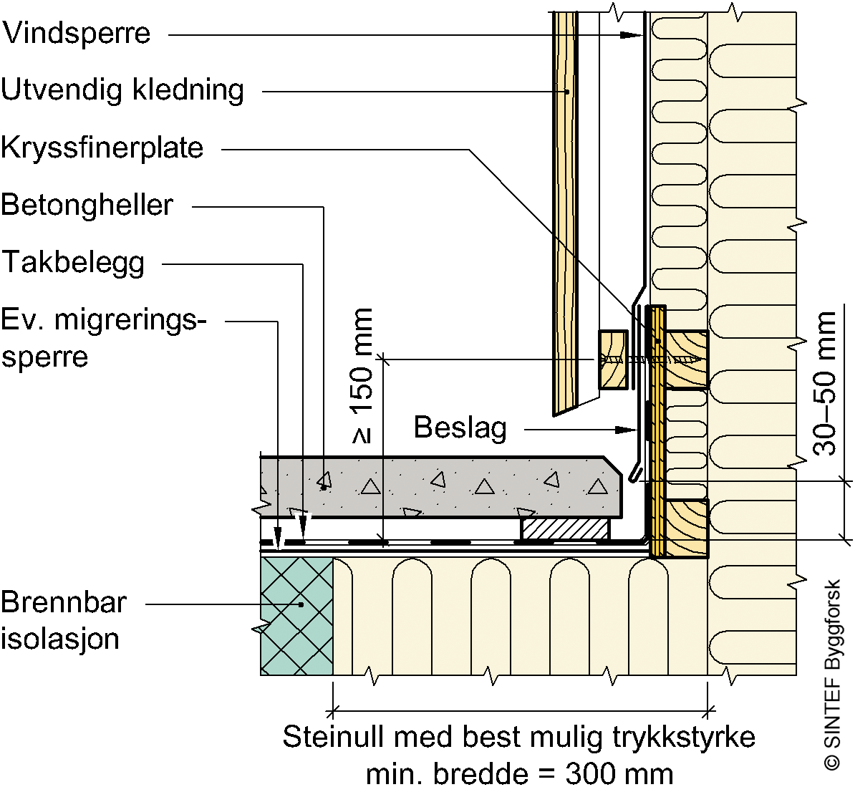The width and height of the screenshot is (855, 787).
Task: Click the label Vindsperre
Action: pyautogui.click(x=77, y=33)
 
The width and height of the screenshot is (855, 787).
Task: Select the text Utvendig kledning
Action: pyautogui.click(x=122, y=90)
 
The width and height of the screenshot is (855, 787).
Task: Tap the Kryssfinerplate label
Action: pyautogui.click(x=102, y=148)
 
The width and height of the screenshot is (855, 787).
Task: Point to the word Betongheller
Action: pyautogui.click(x=87, y=206)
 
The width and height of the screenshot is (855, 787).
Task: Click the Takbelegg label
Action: pyautogui.click(x=74, y=263)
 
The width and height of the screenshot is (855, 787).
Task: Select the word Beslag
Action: pyautogui.click(x=460, y=428)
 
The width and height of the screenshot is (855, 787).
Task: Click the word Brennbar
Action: pyautogui.click(x=64, y=603)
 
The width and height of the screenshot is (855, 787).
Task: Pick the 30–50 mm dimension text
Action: pyautogui.click(x=824, y=383)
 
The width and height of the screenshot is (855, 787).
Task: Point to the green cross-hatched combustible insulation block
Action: pyautogui.click(x=296, y=616)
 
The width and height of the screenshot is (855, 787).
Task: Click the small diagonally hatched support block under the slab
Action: pyautogui.click(x=566, y=528)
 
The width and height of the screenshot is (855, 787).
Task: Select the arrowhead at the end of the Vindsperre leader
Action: pyautogui.click(x=632, y=36)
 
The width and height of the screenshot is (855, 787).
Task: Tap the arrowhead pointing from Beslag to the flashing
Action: pyautogui.click(x=627, y=430)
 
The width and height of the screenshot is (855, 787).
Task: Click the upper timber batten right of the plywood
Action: pyautogui.click(x=687, y=359)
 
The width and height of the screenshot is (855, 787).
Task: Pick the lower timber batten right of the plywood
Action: pyautogui.click(x=687, y=528)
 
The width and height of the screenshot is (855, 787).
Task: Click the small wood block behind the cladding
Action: pyautogui.click(x=614, y=359)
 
